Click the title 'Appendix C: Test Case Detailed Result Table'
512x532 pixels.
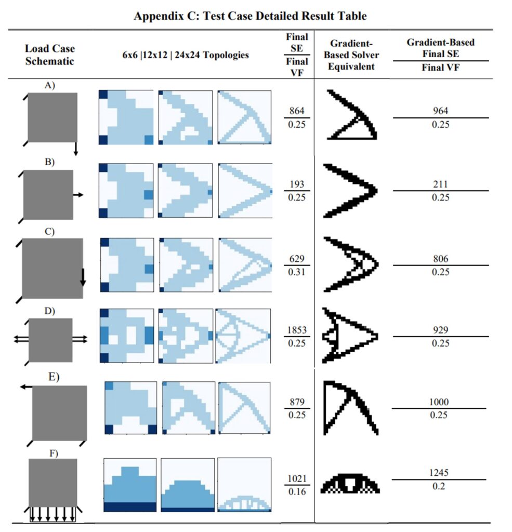click(250, 16)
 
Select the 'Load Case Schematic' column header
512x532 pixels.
click(50, 55)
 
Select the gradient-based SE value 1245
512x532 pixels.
click(440, 473)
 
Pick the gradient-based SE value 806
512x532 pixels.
click(440, 259)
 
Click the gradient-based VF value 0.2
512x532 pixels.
click(440, 486)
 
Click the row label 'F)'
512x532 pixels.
click(54, 453)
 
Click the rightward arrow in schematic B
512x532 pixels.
click(77, 194)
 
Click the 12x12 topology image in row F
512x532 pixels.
click(187, 485)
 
